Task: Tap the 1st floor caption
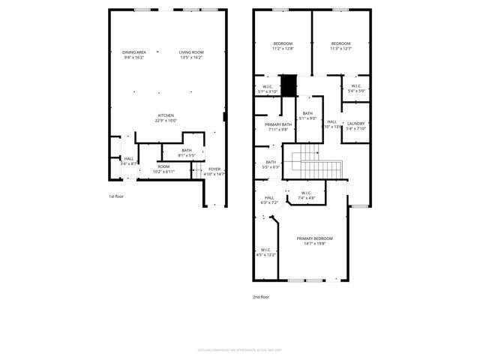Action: pos(116,196)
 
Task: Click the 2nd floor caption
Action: pos(260,297)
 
